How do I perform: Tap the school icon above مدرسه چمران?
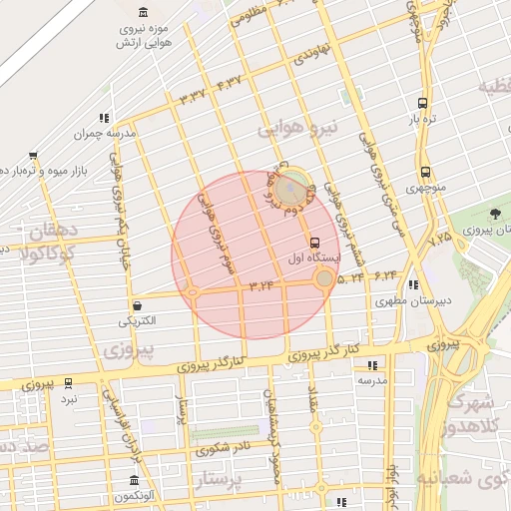coord(105,118)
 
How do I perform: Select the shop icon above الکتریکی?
coord(137,305)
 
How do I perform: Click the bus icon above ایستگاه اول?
coord(315,243)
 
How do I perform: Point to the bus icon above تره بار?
coord(423,102)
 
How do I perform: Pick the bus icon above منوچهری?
coord(426,172)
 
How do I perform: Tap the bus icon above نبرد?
coord(68,382)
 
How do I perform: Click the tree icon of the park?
coord(496,214)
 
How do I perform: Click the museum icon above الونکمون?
coord(134,480)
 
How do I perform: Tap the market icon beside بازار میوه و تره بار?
coord(33,155)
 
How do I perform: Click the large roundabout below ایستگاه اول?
coord(323,279)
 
